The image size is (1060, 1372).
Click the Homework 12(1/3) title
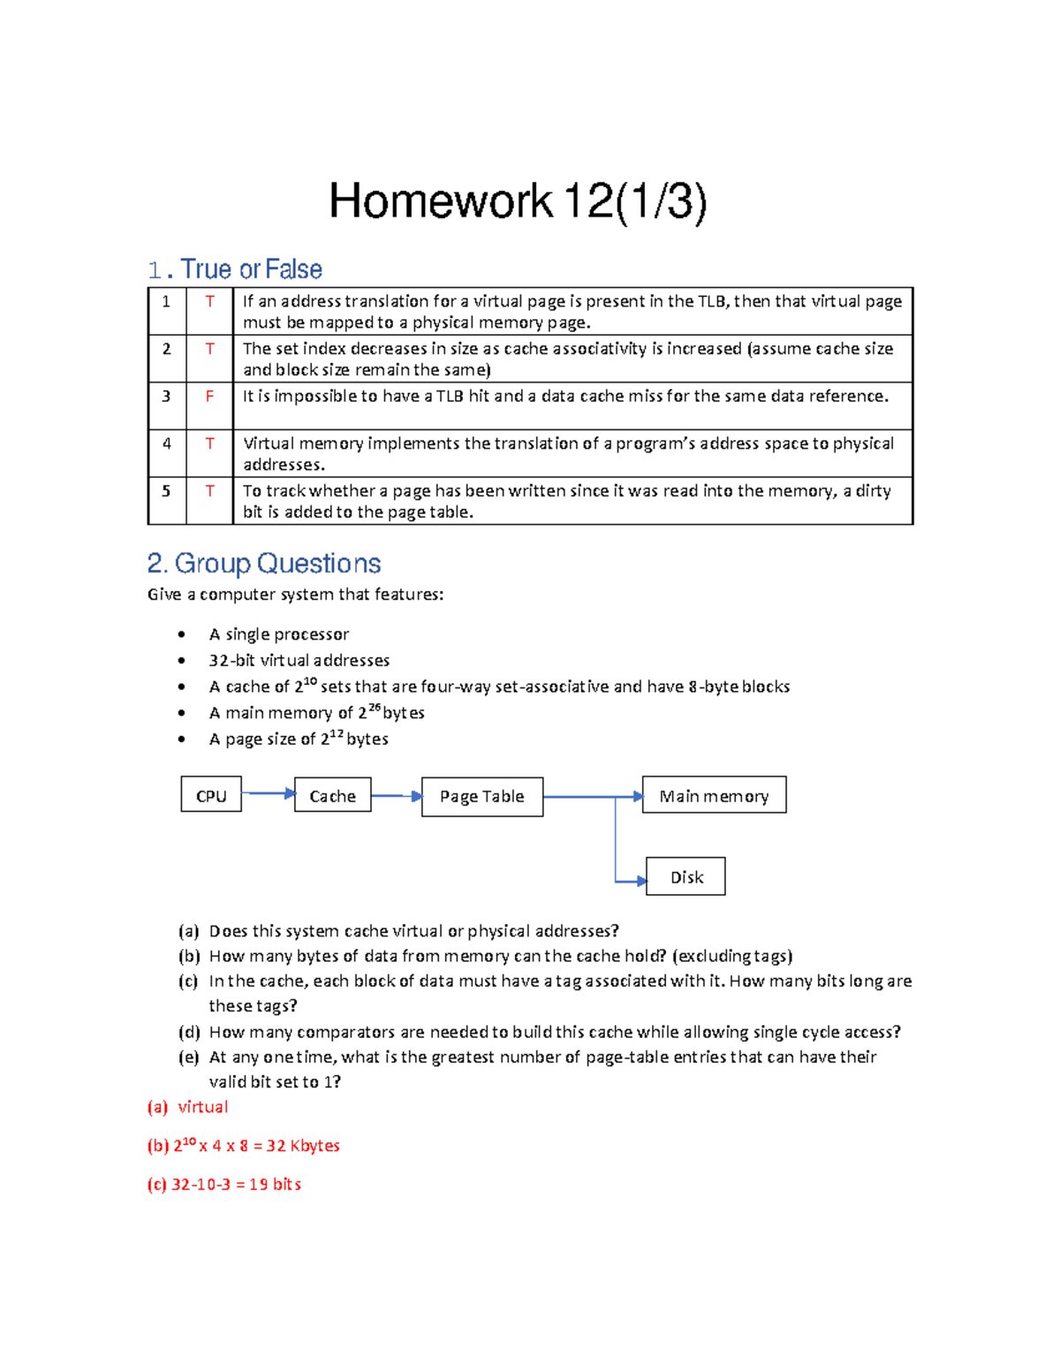click(x=518, y=201)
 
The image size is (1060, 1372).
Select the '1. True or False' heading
click(x=235, y=269)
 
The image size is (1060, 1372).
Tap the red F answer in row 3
click(x=209, y=397)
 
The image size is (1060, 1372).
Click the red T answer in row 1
click(x=209, y=301)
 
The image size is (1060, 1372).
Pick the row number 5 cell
click(x=166, y=490)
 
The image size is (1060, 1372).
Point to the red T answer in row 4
click(x=209, y=443)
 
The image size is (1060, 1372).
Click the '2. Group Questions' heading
click(x=264, y=564)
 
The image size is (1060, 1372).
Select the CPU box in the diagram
click(x=211, y=796)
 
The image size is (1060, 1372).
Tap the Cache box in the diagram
click(x=332, y=796)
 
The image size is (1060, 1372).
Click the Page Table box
click(x=482, y=797)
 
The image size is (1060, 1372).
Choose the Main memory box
click(x=714, y=796)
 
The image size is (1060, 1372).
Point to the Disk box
click(x=685, y=877)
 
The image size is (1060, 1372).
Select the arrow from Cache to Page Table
click(x=396, y=796)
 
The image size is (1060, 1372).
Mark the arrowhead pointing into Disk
click(x=641, y=881)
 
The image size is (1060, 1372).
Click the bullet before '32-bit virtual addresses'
click(x=181, y=661)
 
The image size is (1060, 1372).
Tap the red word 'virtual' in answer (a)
click(x=202, y=1107)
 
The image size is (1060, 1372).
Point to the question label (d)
click(x=188, y=1032)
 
